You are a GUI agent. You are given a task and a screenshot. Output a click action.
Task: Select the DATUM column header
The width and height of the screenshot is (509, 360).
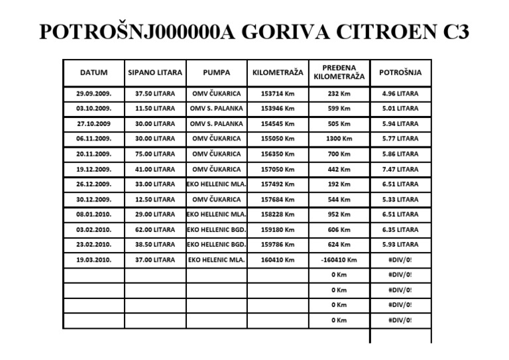coord(93,72)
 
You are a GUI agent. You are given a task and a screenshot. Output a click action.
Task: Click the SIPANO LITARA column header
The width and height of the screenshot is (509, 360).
coord(155,72)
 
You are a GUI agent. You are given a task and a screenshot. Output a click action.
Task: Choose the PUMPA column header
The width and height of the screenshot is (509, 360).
coord(216,72)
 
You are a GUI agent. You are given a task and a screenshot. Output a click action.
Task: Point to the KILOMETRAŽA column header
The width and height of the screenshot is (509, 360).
coord(278,72)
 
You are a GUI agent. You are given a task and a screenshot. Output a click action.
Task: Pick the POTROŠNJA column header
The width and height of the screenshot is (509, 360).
coord(400,72)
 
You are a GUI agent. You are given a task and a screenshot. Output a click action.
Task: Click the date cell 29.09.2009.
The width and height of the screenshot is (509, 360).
coord(93,93)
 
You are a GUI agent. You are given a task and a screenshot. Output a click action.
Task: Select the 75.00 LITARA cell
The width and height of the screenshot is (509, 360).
coord(155,154)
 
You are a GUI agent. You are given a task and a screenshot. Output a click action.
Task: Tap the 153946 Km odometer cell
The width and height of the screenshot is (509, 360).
coord(278,108)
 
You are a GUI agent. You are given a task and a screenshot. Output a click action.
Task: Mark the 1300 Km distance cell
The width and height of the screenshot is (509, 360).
coord(339,139)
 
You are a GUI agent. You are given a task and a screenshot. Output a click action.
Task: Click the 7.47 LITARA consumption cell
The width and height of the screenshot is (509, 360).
coord(400,169)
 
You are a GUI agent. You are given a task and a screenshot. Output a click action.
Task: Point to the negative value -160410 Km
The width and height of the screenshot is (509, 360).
coord(339,260)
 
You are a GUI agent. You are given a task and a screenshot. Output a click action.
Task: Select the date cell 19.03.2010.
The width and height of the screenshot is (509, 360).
coord(93,260)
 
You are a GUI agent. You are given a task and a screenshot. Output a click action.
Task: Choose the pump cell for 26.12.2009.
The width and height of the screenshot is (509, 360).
coord(217,184)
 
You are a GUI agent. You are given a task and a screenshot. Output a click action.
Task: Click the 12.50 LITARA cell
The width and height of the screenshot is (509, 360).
coord(155,200)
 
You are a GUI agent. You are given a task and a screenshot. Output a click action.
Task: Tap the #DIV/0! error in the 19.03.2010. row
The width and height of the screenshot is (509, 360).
coord(400,260)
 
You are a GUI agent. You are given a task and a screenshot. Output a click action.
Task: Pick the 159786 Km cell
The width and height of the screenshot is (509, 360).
coord(278,245)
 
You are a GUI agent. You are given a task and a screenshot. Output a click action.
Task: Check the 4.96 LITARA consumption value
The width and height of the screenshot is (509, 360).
coord(400,93)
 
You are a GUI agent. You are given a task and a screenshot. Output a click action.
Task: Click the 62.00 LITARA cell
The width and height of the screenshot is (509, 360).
coord(155,229)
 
